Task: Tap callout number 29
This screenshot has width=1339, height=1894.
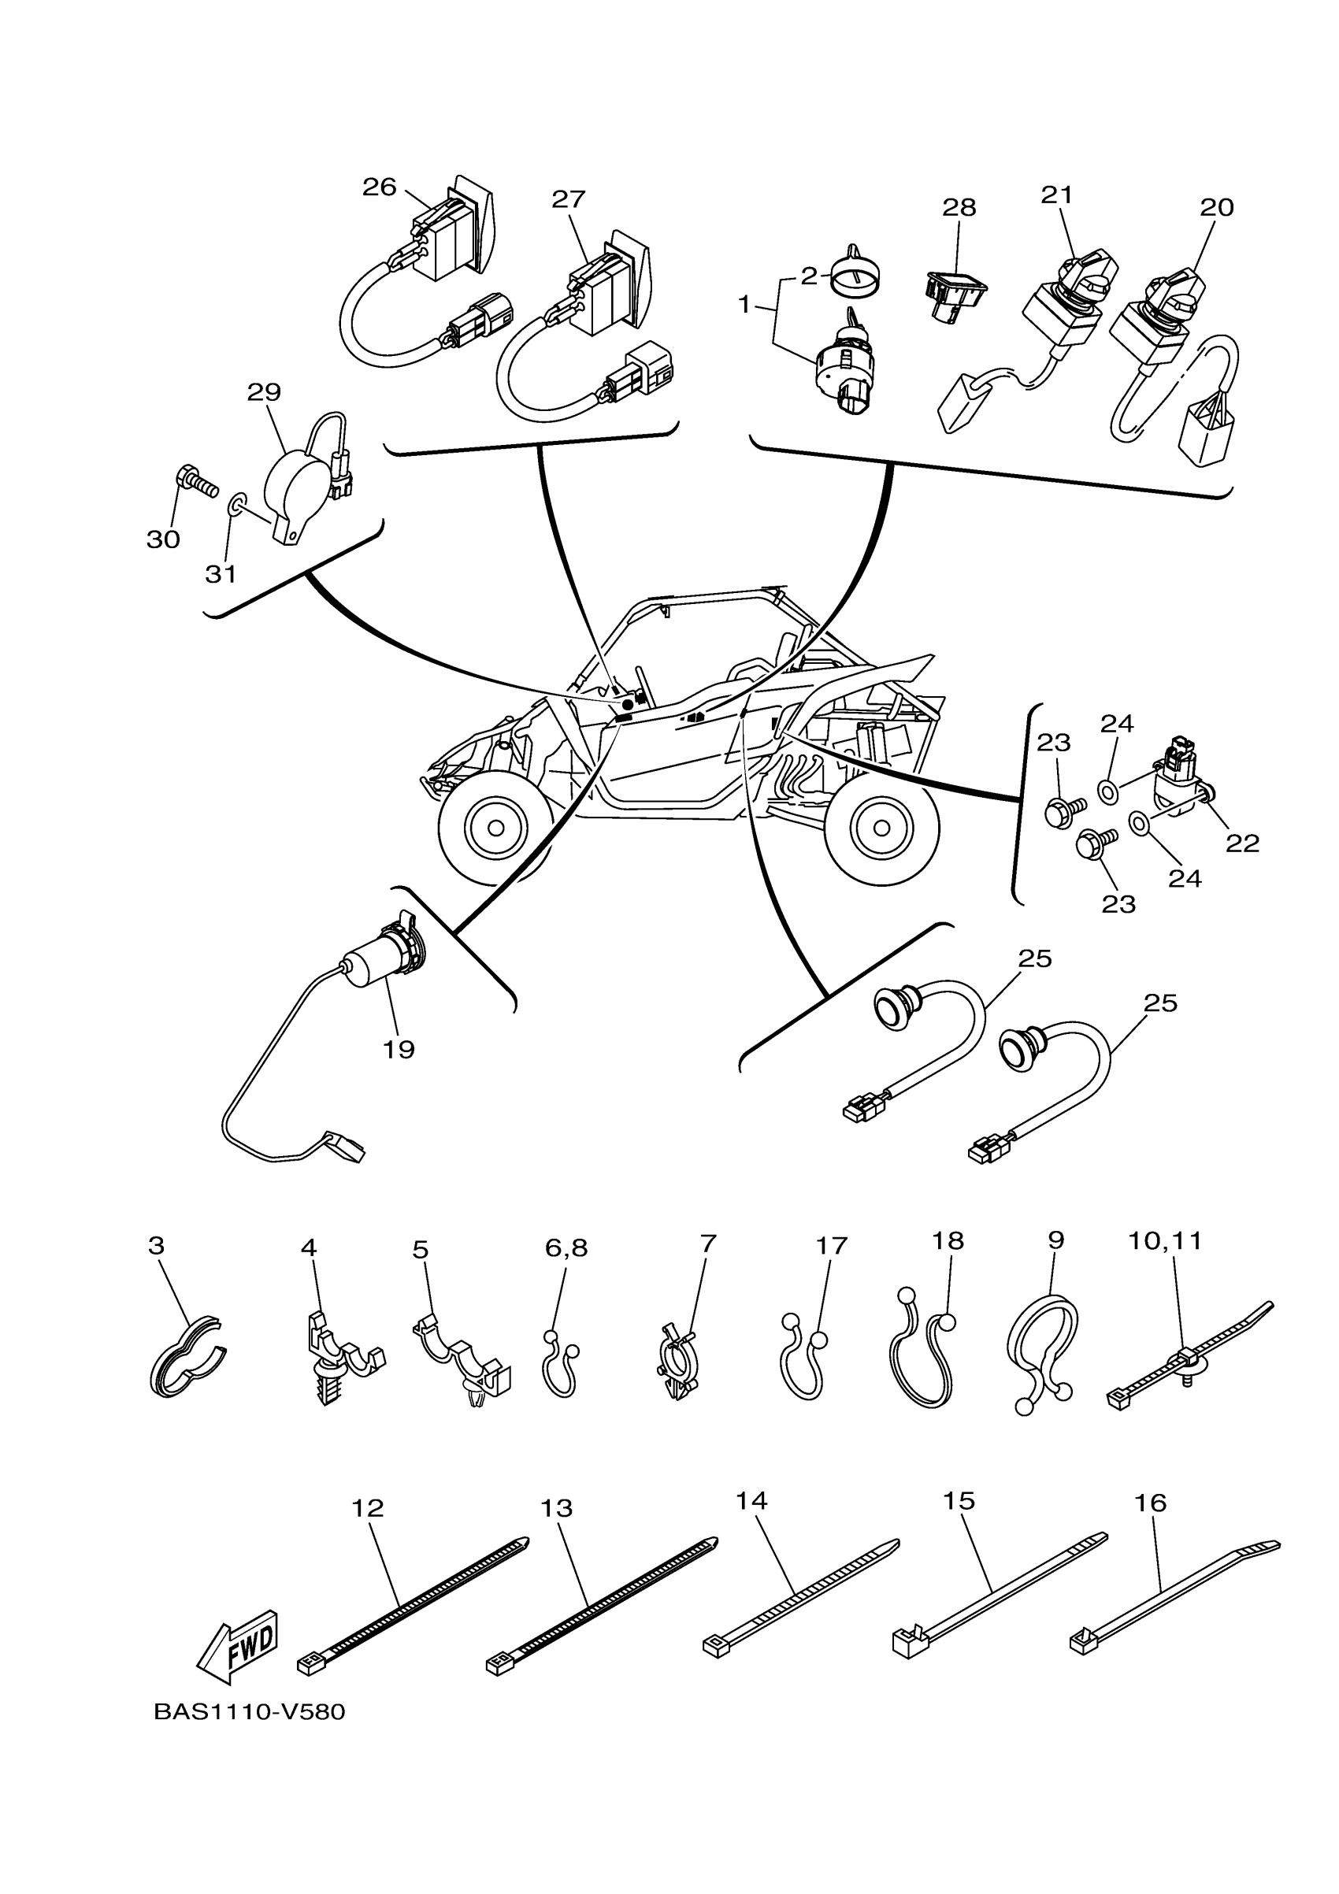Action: click(264, 392)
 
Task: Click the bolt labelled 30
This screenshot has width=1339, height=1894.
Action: click(196, 481)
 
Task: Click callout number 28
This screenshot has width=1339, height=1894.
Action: click(959, 208)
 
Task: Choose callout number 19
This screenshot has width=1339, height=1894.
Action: click(399, 1050)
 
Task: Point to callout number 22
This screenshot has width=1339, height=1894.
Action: click(1241, 843)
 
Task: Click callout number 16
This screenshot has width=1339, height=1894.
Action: click(1150, 1503)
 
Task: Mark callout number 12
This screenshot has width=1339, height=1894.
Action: click(368, 1508)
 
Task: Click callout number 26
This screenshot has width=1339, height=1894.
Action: click(380, 187)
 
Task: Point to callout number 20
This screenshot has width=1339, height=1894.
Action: click(1217, 207)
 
